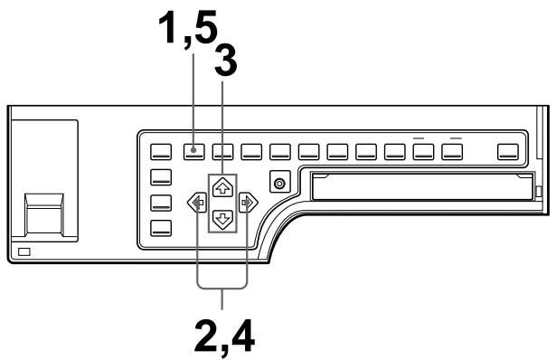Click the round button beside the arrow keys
pos(280,184)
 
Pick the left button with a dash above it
pos(423,151)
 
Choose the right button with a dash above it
pos(452,151)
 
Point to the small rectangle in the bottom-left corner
pos(24,249)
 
